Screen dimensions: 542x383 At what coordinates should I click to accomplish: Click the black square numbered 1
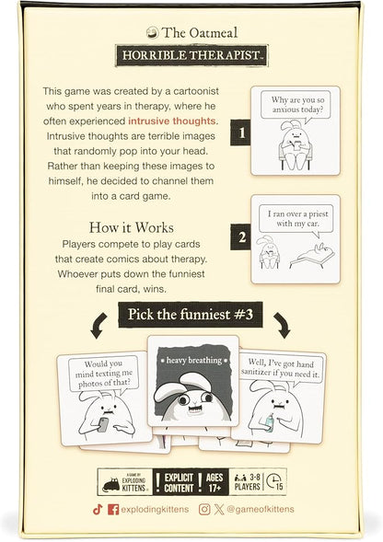[x=242, y=132]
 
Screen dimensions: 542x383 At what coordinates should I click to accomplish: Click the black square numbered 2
[x=242, y=236]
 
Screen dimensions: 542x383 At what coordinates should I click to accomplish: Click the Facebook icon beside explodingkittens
[x=112, y=508]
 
